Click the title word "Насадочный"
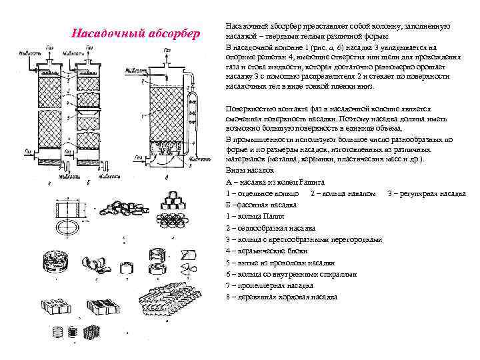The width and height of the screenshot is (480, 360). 102,33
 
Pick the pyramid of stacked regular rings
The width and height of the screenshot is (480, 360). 175,197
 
